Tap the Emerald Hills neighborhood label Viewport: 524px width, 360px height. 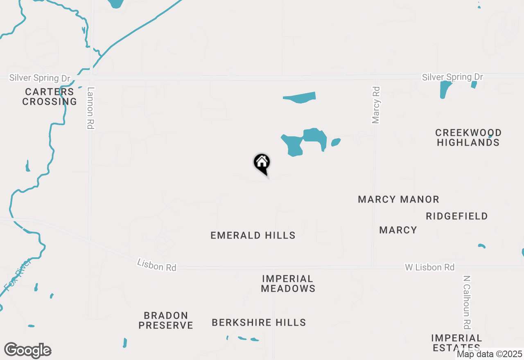[x=253, y=235]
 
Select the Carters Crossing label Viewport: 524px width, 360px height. [x=50, y=97]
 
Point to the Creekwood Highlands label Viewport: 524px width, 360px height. [x=468, y=137]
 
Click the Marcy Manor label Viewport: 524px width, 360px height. [x=398, y=199]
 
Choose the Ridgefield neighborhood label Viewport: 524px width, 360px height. [x=456, y=216]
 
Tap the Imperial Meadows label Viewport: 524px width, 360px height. [x=288, y=283]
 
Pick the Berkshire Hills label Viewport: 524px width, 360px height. [x=259, y=322]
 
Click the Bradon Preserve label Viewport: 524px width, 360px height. [x=166, y=320]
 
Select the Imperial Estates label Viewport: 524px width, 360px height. [x=456, y=343]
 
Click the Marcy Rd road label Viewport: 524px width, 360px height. [x=376, y=105]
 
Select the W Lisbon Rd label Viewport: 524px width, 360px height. [x=429, y=267]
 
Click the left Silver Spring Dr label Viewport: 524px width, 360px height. [x=40, y=77]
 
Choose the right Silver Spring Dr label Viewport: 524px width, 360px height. [x=452, y=77]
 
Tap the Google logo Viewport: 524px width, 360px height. [x=27, y=350]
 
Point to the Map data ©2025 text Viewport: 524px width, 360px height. [x=489, y=354]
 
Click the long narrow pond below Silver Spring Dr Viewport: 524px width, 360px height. [x=300, y=97]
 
